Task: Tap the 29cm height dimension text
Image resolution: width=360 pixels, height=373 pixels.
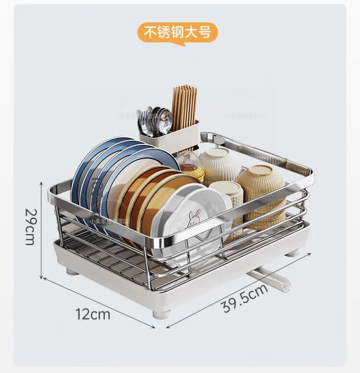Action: point(30,226)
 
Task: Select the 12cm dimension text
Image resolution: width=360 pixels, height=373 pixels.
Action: point(93,314)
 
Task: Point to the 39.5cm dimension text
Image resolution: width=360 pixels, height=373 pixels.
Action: point(244,298)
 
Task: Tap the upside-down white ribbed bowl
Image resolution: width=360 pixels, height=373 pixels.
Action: point(220,163)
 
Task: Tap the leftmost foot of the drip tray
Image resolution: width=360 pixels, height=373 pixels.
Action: point(72,272)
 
